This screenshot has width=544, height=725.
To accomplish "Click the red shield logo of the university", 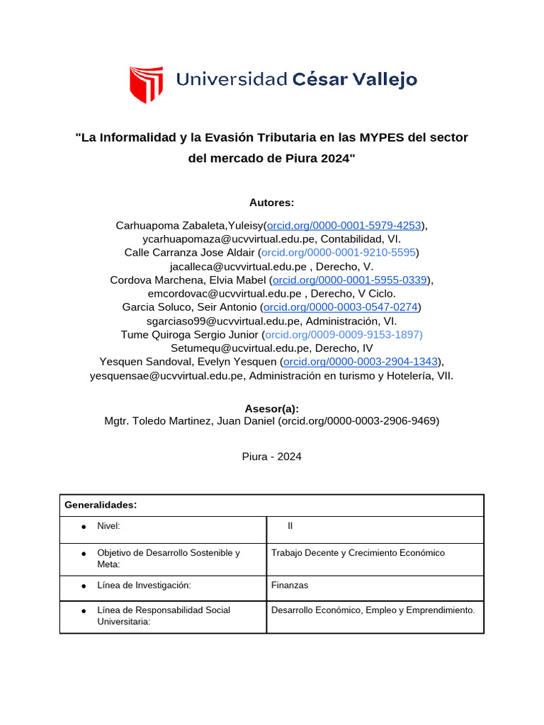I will click(x=146, y=84).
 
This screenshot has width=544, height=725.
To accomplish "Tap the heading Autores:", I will click(x=271, y=202).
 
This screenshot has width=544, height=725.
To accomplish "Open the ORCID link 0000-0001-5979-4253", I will click(x=344, y=225).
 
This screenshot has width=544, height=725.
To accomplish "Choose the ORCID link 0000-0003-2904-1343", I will click(x=361, y=362).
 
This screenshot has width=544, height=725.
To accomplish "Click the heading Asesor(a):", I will click(x=271, y=409).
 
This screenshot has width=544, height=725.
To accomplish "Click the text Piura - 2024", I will click(x=271, y=457).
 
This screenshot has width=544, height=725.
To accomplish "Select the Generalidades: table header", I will click(x=100, y=506).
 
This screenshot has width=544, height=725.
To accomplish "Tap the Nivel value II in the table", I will click(x=290, y=526).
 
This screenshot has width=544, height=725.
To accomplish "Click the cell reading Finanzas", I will click(x=290, y=586).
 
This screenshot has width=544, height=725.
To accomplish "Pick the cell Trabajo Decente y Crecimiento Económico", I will click(x=358, y=553).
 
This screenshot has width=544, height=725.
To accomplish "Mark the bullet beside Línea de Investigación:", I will click(x=84, y=586).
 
